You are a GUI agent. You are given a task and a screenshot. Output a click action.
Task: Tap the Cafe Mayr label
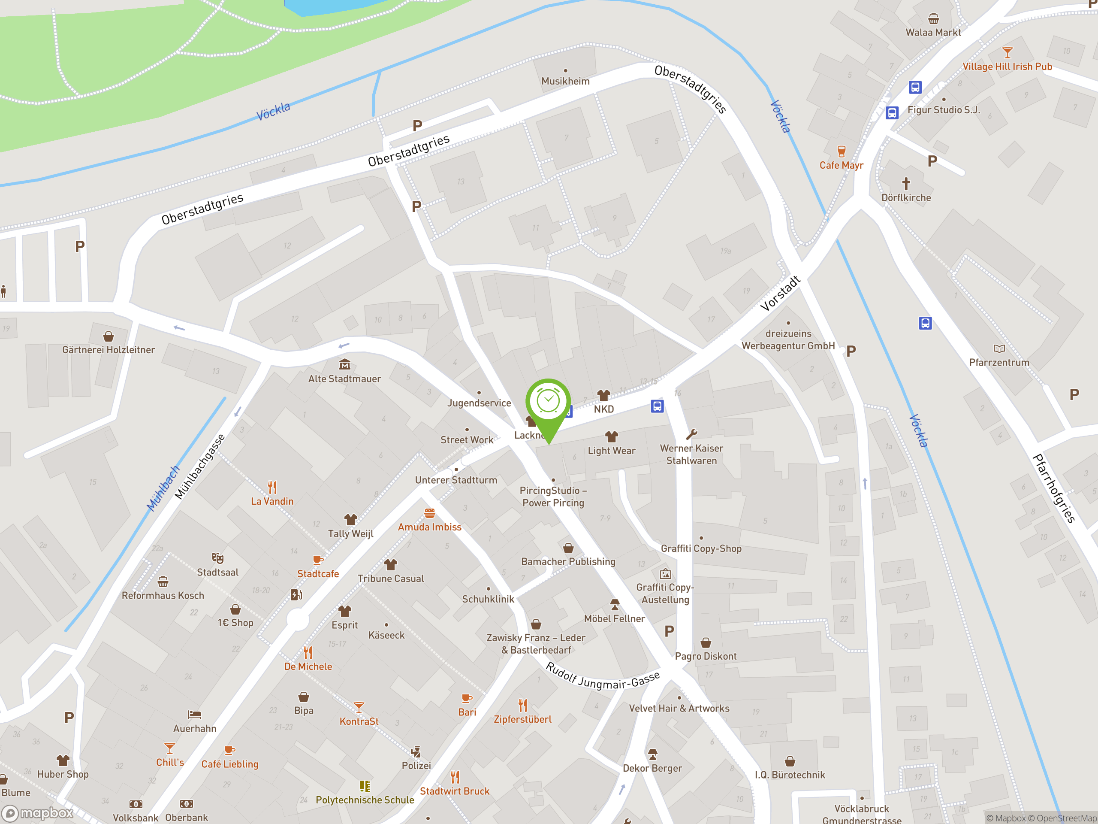pos(841,165)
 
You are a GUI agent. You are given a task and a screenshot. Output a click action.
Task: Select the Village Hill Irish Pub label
pos(1007,67)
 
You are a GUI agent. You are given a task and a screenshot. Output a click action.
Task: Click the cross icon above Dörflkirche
pos(906,184)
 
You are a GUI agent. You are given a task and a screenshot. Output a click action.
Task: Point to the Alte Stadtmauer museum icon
pos(344,365)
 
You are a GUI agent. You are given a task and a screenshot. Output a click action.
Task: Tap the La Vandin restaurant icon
pos(272,487)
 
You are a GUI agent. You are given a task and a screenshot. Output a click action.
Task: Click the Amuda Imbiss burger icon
pos(429,513)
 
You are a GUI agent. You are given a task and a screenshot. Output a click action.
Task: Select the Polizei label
pos(416,765)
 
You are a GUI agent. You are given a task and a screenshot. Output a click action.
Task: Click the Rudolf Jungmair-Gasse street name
pos(602,676)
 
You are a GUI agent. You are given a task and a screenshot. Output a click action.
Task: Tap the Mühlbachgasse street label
pos(199,467)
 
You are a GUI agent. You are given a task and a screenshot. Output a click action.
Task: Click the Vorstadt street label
pos(780,294)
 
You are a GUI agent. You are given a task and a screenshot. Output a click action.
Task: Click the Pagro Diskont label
pos(706,656)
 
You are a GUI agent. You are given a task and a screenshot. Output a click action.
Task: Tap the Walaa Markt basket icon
pos(933,19)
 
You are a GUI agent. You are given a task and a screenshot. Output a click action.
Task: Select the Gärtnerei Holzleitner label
pos(108,350)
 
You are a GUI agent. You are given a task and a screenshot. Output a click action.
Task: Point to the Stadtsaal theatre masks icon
pos(217,558)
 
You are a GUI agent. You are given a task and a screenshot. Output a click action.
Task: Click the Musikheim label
pos(565,81)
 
